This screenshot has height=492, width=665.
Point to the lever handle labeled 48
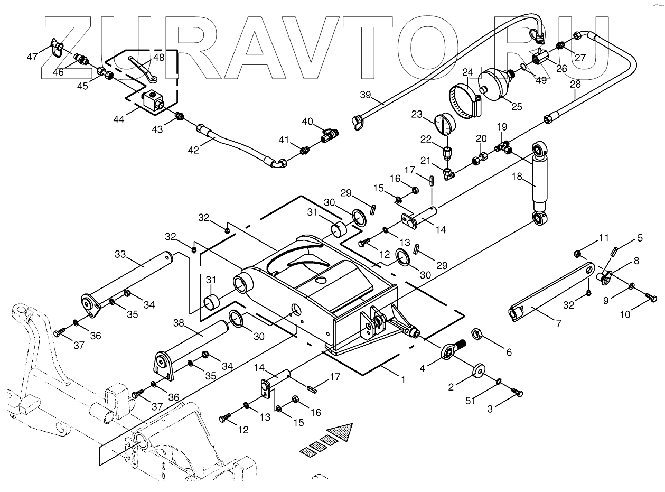142,69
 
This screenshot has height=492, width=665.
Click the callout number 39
366,95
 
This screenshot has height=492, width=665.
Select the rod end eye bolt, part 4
450,350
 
